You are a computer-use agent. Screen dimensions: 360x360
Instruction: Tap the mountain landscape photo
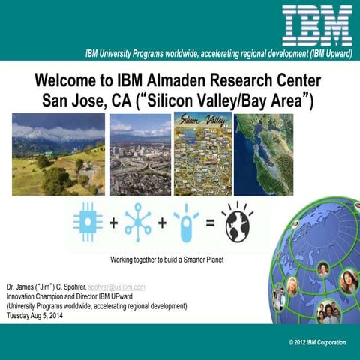coord(58,154)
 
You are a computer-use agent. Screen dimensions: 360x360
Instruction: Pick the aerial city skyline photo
coord(139,154)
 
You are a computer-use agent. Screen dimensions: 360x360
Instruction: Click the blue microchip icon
coord(88,222)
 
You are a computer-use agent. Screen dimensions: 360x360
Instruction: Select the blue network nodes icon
coord(137,222)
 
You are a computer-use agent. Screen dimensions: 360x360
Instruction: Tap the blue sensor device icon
coord(184,222)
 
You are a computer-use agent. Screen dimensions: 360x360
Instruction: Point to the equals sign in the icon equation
coord(210,223)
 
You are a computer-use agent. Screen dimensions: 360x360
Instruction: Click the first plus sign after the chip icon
coord(113,223)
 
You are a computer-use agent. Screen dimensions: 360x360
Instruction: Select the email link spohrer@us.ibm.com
coord(117,287)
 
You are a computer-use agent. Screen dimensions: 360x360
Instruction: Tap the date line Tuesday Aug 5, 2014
coord(37,315)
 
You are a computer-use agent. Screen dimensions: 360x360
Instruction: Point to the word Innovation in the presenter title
coord(22,297)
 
